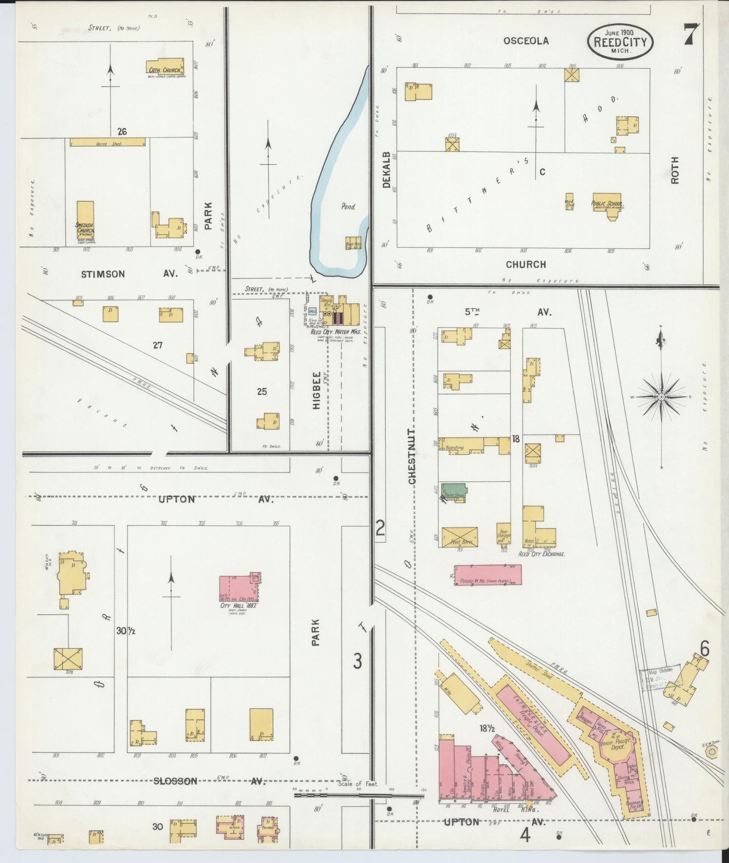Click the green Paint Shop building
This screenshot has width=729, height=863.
pos(454,491)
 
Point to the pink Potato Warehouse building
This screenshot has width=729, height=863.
pos(487,575)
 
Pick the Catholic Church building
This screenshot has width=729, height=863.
pos(165,68)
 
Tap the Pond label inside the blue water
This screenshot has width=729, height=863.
pos(348,206)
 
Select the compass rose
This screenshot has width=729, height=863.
pos(661,397)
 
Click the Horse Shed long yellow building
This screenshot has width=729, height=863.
pos(107,142)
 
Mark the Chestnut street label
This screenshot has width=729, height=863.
pos(412,457)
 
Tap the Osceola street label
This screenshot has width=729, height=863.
pos(526,41)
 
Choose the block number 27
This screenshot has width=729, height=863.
pos(158,345)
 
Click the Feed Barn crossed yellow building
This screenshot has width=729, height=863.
pos(460,537)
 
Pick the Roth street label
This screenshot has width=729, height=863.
pos(675,170)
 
